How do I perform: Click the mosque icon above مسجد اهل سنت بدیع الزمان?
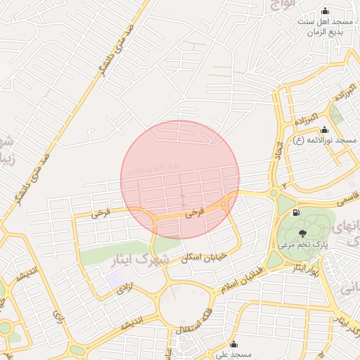(x=325, y=11)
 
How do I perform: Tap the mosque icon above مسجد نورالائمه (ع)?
(x=324, y=130)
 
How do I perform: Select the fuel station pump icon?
(x=296, y=212)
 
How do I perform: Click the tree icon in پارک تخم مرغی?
(x=302, y=233)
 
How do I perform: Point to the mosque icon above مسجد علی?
(x=234, y=345)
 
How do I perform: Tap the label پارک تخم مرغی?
(x=303, y=245)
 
